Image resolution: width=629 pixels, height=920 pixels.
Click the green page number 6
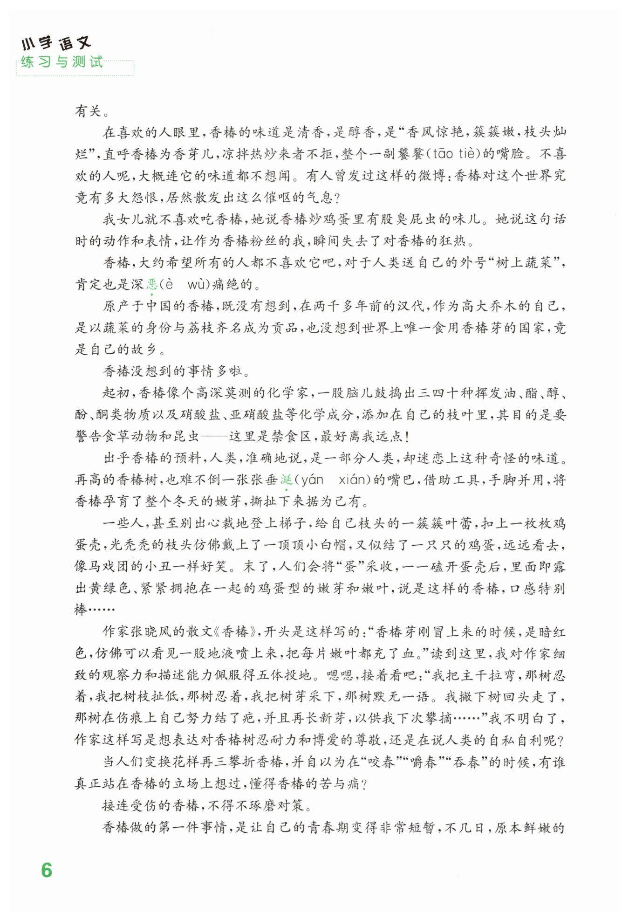tap(47, 870)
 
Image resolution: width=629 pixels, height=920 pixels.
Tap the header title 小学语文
tap(55, 44)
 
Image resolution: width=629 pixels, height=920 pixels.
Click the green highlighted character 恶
tap(152, 284)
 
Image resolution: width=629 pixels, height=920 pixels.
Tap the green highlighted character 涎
tap(286, 480)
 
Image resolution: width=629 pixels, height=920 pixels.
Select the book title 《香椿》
tap(235, 632)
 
